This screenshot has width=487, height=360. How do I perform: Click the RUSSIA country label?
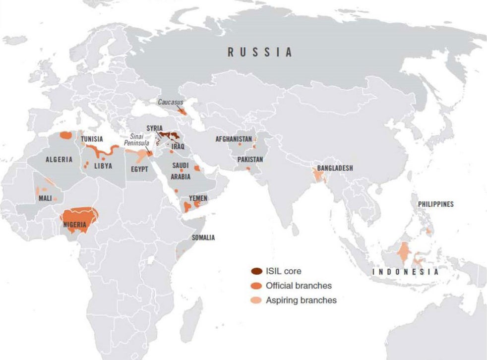click(260, 52)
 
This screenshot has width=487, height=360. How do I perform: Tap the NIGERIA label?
click(75, 225)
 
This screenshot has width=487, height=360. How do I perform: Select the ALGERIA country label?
click(59, 160)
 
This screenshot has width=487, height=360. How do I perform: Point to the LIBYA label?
click(102, 166)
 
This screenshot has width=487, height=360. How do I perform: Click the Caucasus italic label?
click(171, 102)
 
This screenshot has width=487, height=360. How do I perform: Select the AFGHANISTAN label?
click(234, 139)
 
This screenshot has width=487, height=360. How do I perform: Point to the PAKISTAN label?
click(250, 160)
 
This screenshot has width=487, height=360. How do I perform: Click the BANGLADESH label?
click(335, 168)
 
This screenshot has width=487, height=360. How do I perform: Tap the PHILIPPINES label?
click(435, 204)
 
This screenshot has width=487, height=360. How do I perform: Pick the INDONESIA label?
click(406, 272)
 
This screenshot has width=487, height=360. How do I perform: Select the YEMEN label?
click(198, 198)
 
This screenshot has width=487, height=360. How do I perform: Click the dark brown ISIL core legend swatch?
click(256, 271)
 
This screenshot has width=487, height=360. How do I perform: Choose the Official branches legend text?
click(299, 286)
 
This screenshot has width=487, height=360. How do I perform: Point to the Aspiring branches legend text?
click(301, 300)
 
